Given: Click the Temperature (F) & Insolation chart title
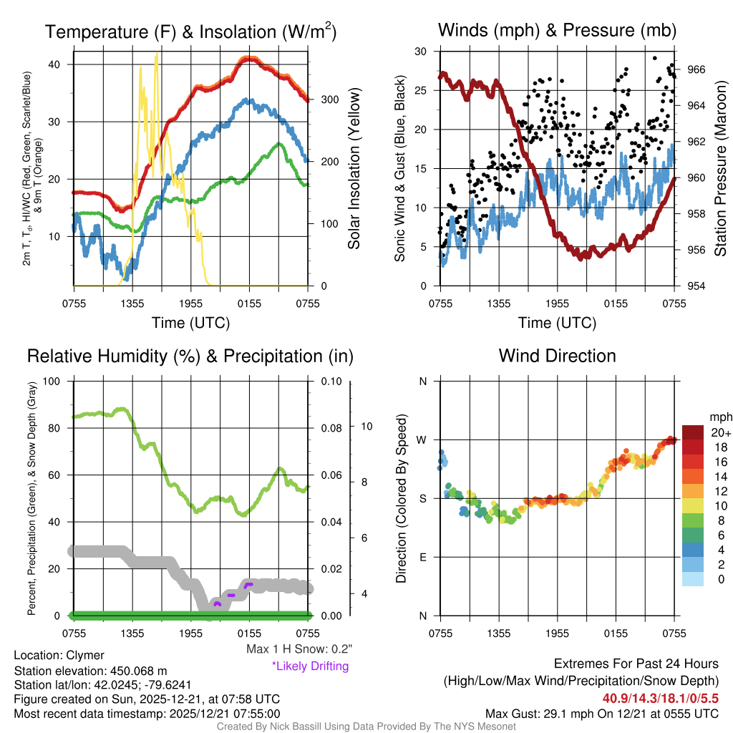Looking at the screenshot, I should (x=190, y=31).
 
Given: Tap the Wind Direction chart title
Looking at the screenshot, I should (x=557, y=356).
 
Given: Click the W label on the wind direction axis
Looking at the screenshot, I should (x=422, y=440).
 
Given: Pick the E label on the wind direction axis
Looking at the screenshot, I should (x=423, y=557).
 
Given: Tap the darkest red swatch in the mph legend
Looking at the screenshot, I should (x=693, y=432).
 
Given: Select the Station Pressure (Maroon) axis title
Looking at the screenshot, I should (x=720, y=169).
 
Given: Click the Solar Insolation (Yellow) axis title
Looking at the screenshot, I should (x=354, y=169).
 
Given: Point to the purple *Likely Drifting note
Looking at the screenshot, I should (x=310, y=666).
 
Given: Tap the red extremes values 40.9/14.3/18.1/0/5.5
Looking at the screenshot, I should (x=661, y=698).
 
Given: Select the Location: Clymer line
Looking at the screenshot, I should (x=59, y=655).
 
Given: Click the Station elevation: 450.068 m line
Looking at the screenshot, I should (x=90, y=671).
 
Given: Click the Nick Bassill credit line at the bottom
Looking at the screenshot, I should (x=366, y=727).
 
